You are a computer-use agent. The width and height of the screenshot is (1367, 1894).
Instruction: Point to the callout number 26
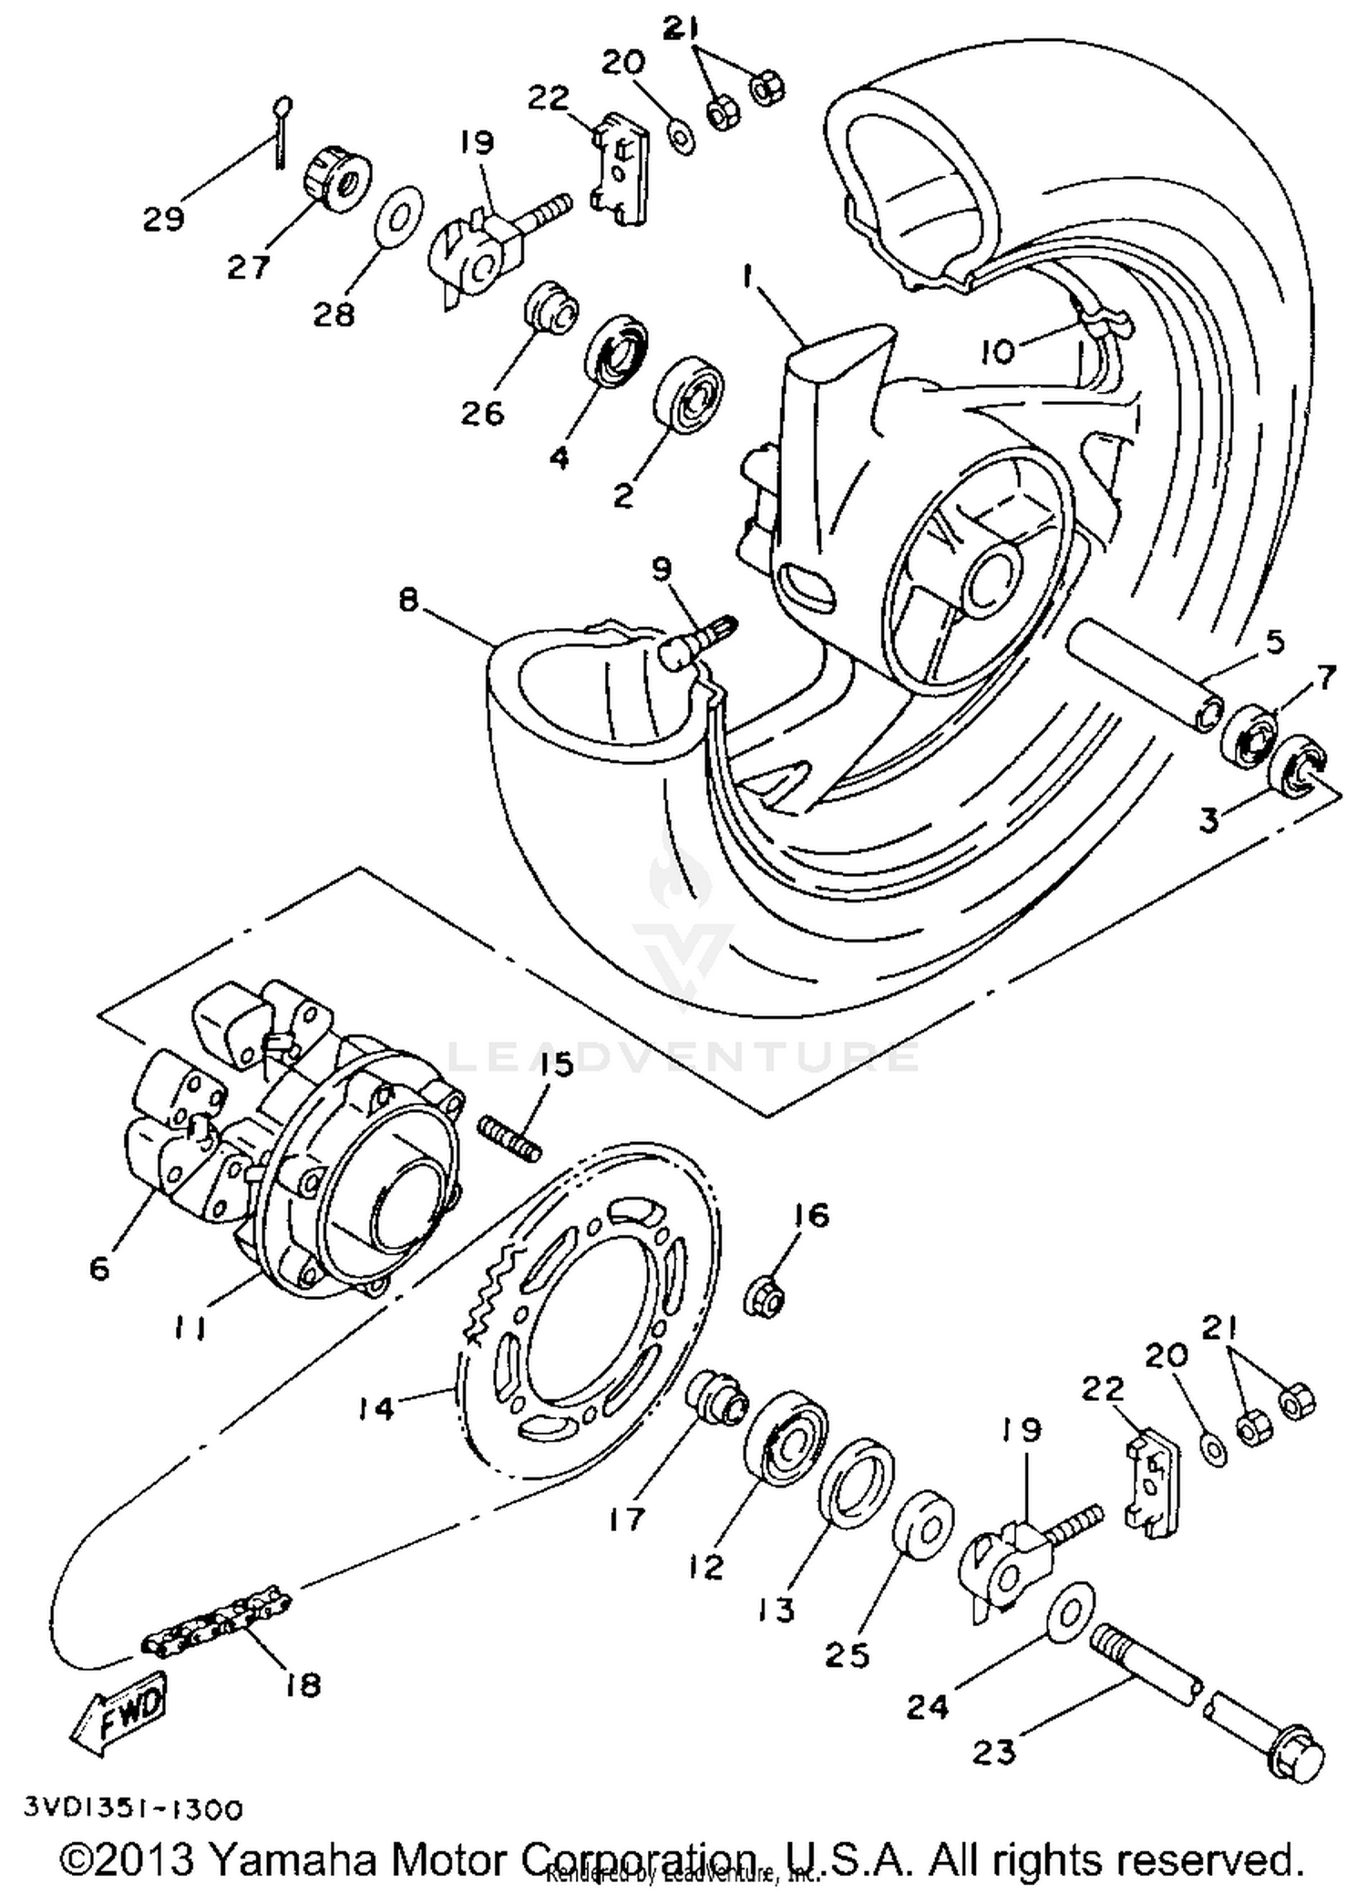point(482,413)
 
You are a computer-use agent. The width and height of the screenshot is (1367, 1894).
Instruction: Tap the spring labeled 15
point(510,1139)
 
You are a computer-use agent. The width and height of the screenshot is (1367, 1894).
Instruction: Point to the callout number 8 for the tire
point(409,601)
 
